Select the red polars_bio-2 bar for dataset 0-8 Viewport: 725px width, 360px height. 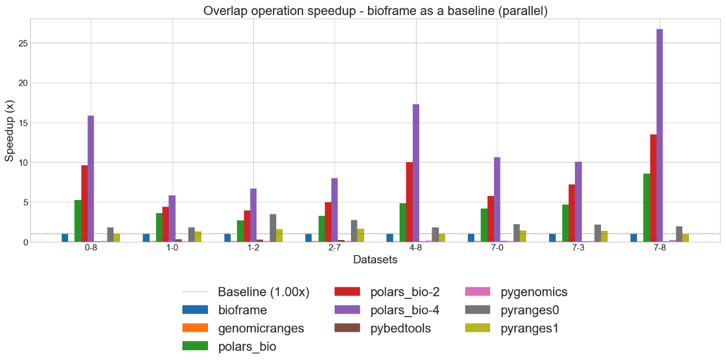point(85,203)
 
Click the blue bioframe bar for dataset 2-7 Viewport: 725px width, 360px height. point(308,237)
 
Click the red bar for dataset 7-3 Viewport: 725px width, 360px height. point(571,213)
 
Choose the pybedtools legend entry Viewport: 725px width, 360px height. point(399,328)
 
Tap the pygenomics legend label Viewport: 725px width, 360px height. point(533,291)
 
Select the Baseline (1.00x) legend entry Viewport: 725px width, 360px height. point(262,291)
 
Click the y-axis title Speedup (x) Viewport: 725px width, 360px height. point(9,130)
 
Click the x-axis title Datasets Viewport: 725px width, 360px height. point(375,260)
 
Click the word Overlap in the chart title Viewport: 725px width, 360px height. point(224,10)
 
